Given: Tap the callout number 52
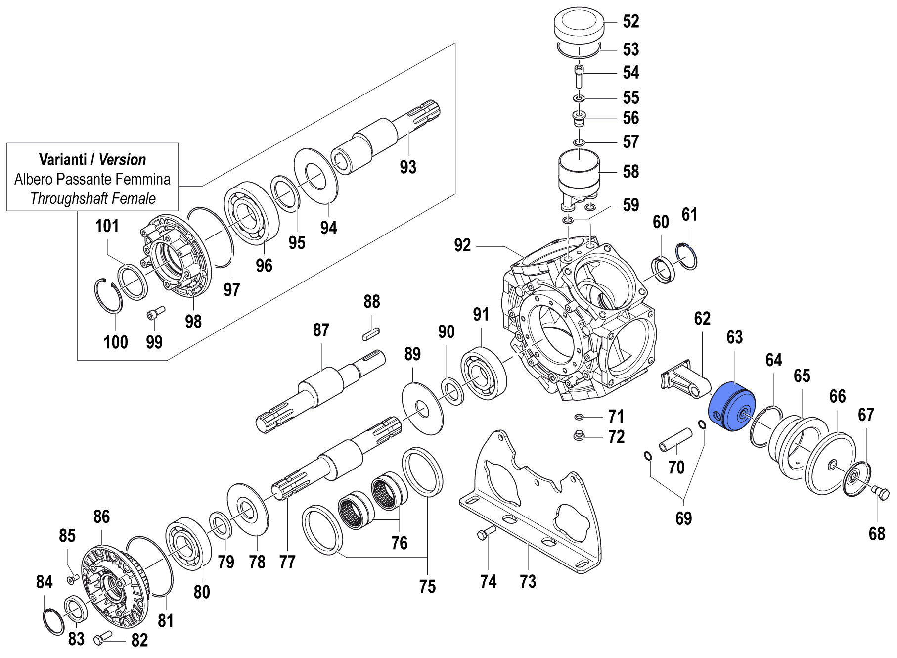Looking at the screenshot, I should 631,21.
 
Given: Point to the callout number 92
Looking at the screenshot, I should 462,245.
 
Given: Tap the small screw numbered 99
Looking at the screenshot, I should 155,313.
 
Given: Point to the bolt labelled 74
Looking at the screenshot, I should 486,533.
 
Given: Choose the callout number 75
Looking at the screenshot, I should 427,587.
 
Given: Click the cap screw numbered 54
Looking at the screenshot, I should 579,76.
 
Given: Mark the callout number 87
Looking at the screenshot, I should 321,330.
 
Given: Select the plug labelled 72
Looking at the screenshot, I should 579,436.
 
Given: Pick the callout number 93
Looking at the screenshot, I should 408,167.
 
